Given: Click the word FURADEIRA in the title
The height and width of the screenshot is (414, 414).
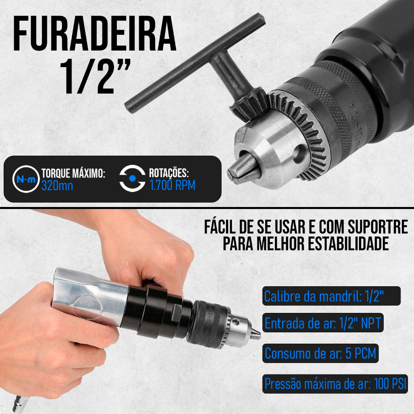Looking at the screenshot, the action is (x=95, y=34).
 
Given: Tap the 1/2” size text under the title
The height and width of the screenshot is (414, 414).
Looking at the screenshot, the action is (x=95, y=76).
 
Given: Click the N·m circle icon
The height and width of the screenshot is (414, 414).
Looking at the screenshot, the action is (x=26, y=179).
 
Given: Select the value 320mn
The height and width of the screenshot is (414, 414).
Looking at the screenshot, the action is (x=57, y=186).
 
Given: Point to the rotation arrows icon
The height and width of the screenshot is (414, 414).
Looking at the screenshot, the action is (x=132, y=178).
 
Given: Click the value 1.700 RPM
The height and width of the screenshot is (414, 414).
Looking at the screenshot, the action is (x=172, y=185).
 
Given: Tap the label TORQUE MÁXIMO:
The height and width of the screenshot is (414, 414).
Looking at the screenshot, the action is (x=74, y=173).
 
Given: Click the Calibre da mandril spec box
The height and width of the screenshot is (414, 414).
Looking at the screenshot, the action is (x=332, y=296).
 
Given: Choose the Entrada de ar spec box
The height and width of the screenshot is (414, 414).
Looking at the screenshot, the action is (x=323, y=323).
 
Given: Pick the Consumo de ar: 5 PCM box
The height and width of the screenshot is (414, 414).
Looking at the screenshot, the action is (x=321, y=353).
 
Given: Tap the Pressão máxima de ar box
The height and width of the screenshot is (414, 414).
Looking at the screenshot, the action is (x=335, y=384).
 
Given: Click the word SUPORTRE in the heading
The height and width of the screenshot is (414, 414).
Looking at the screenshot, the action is (x=378, y=227).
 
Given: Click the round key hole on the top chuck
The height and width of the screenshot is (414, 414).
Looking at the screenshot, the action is (x=300, y=153).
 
